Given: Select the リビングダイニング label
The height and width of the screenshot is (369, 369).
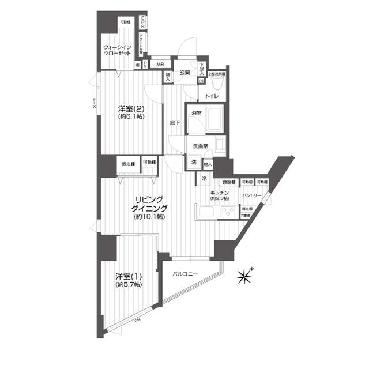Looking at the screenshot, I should tap(149, 203).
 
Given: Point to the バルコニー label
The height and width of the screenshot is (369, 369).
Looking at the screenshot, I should tap(186, 275).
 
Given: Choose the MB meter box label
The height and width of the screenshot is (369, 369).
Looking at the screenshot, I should tap(161, 64).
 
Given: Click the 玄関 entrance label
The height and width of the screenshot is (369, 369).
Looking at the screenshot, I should tap(184, 72).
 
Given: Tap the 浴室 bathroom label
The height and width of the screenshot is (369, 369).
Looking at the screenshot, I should tap(197, 113).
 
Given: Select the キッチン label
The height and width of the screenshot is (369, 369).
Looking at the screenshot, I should tap(220, 193).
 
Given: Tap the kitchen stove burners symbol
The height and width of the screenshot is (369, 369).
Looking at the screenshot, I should tap(227, 213).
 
